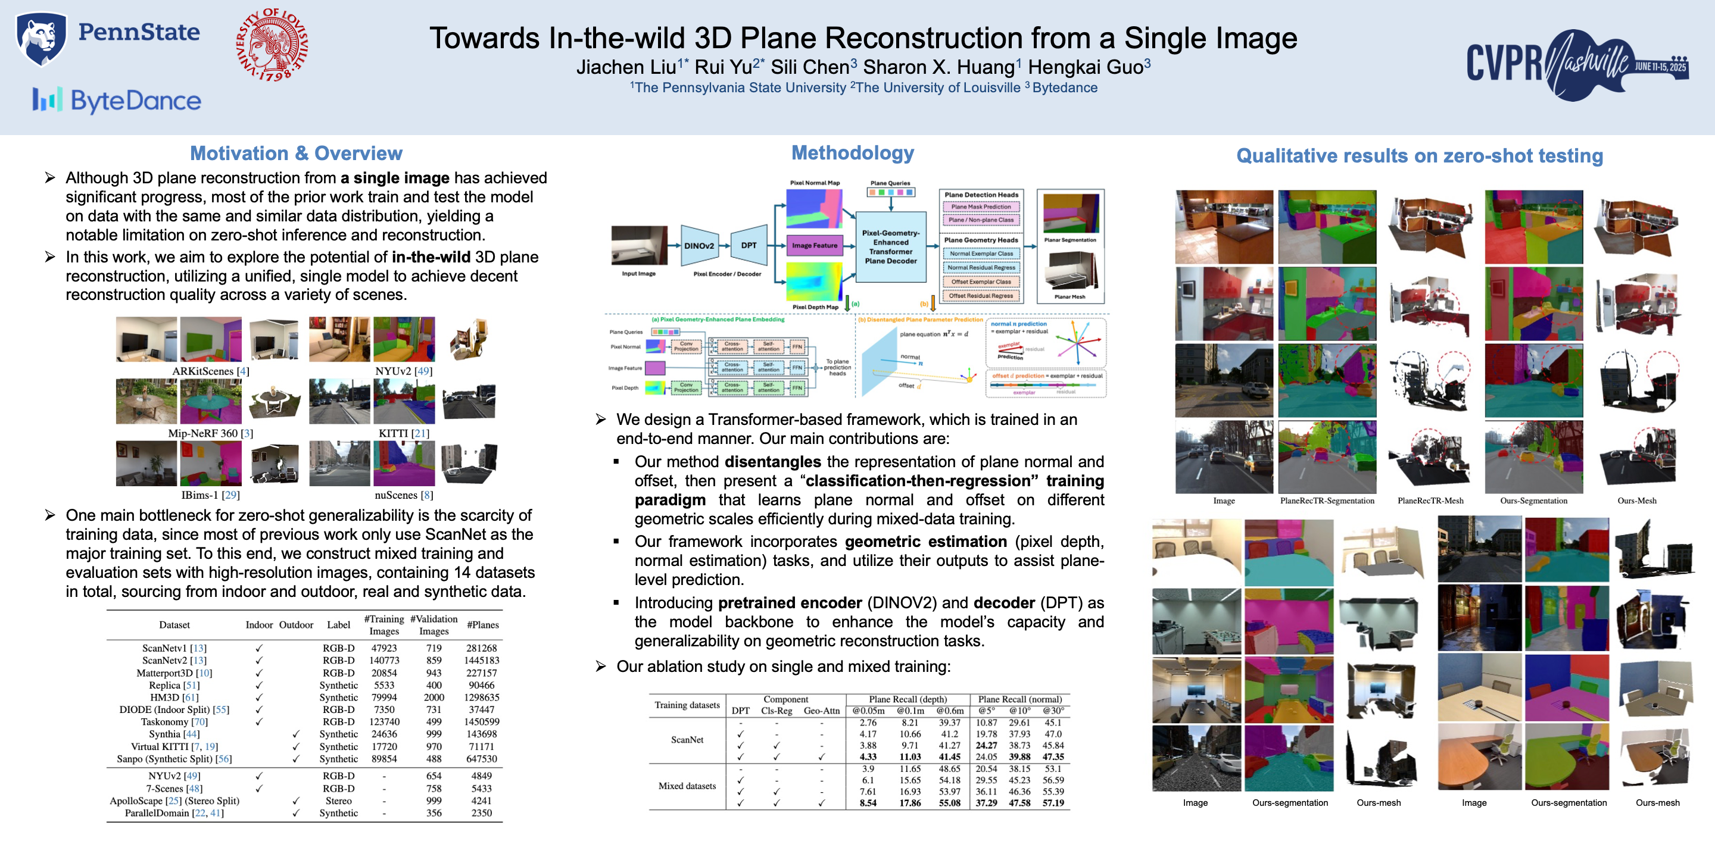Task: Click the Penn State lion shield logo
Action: point(41,38)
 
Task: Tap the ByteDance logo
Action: point(117,101)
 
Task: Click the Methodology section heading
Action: point(852,153)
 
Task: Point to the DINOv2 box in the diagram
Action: point(699,246)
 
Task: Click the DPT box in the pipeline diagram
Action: point(749,246)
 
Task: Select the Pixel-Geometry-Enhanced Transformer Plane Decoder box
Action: point(890,247)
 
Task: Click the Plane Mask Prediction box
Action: point(981,207)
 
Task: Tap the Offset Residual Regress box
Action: point(981,295)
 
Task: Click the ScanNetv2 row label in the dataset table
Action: point(174,660)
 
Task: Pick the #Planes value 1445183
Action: point(481,660)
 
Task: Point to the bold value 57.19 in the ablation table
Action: point(1053,803)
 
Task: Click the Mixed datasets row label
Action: point(687,786)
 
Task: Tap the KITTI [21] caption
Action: point(404,433)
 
